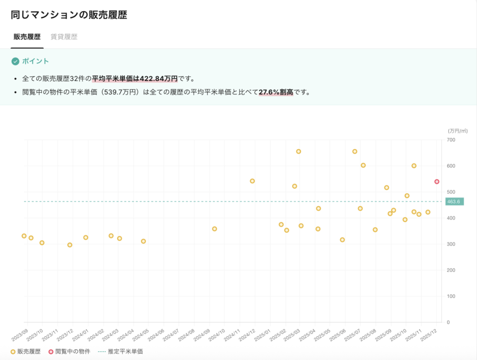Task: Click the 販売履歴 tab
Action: [27, 37]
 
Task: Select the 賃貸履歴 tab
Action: [64, 37]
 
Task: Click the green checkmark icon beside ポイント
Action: [15, 61]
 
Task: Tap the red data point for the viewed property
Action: [437, 182]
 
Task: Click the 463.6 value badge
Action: [453, 202]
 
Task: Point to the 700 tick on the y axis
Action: [450, 140]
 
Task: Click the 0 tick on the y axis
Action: [448, 322]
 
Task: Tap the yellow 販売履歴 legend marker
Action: [13, 352]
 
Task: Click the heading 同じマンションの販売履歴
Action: [69, 14]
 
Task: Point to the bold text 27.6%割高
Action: [276, 92]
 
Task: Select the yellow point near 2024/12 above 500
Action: [252, 181]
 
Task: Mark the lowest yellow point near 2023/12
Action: [70, 245]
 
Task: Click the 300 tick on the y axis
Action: [450, 244]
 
